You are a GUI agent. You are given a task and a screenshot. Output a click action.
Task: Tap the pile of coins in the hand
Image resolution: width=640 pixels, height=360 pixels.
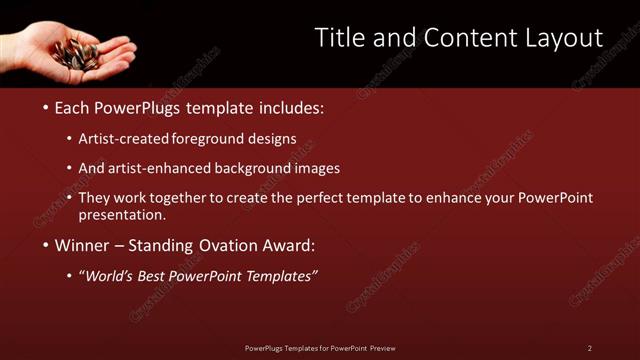(x=77, y=53)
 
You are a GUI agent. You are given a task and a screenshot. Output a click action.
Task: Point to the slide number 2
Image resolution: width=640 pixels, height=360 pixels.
(x=590, y=348)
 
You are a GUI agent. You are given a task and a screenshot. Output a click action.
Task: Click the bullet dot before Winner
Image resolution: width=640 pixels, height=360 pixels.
(x=46, y=245)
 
